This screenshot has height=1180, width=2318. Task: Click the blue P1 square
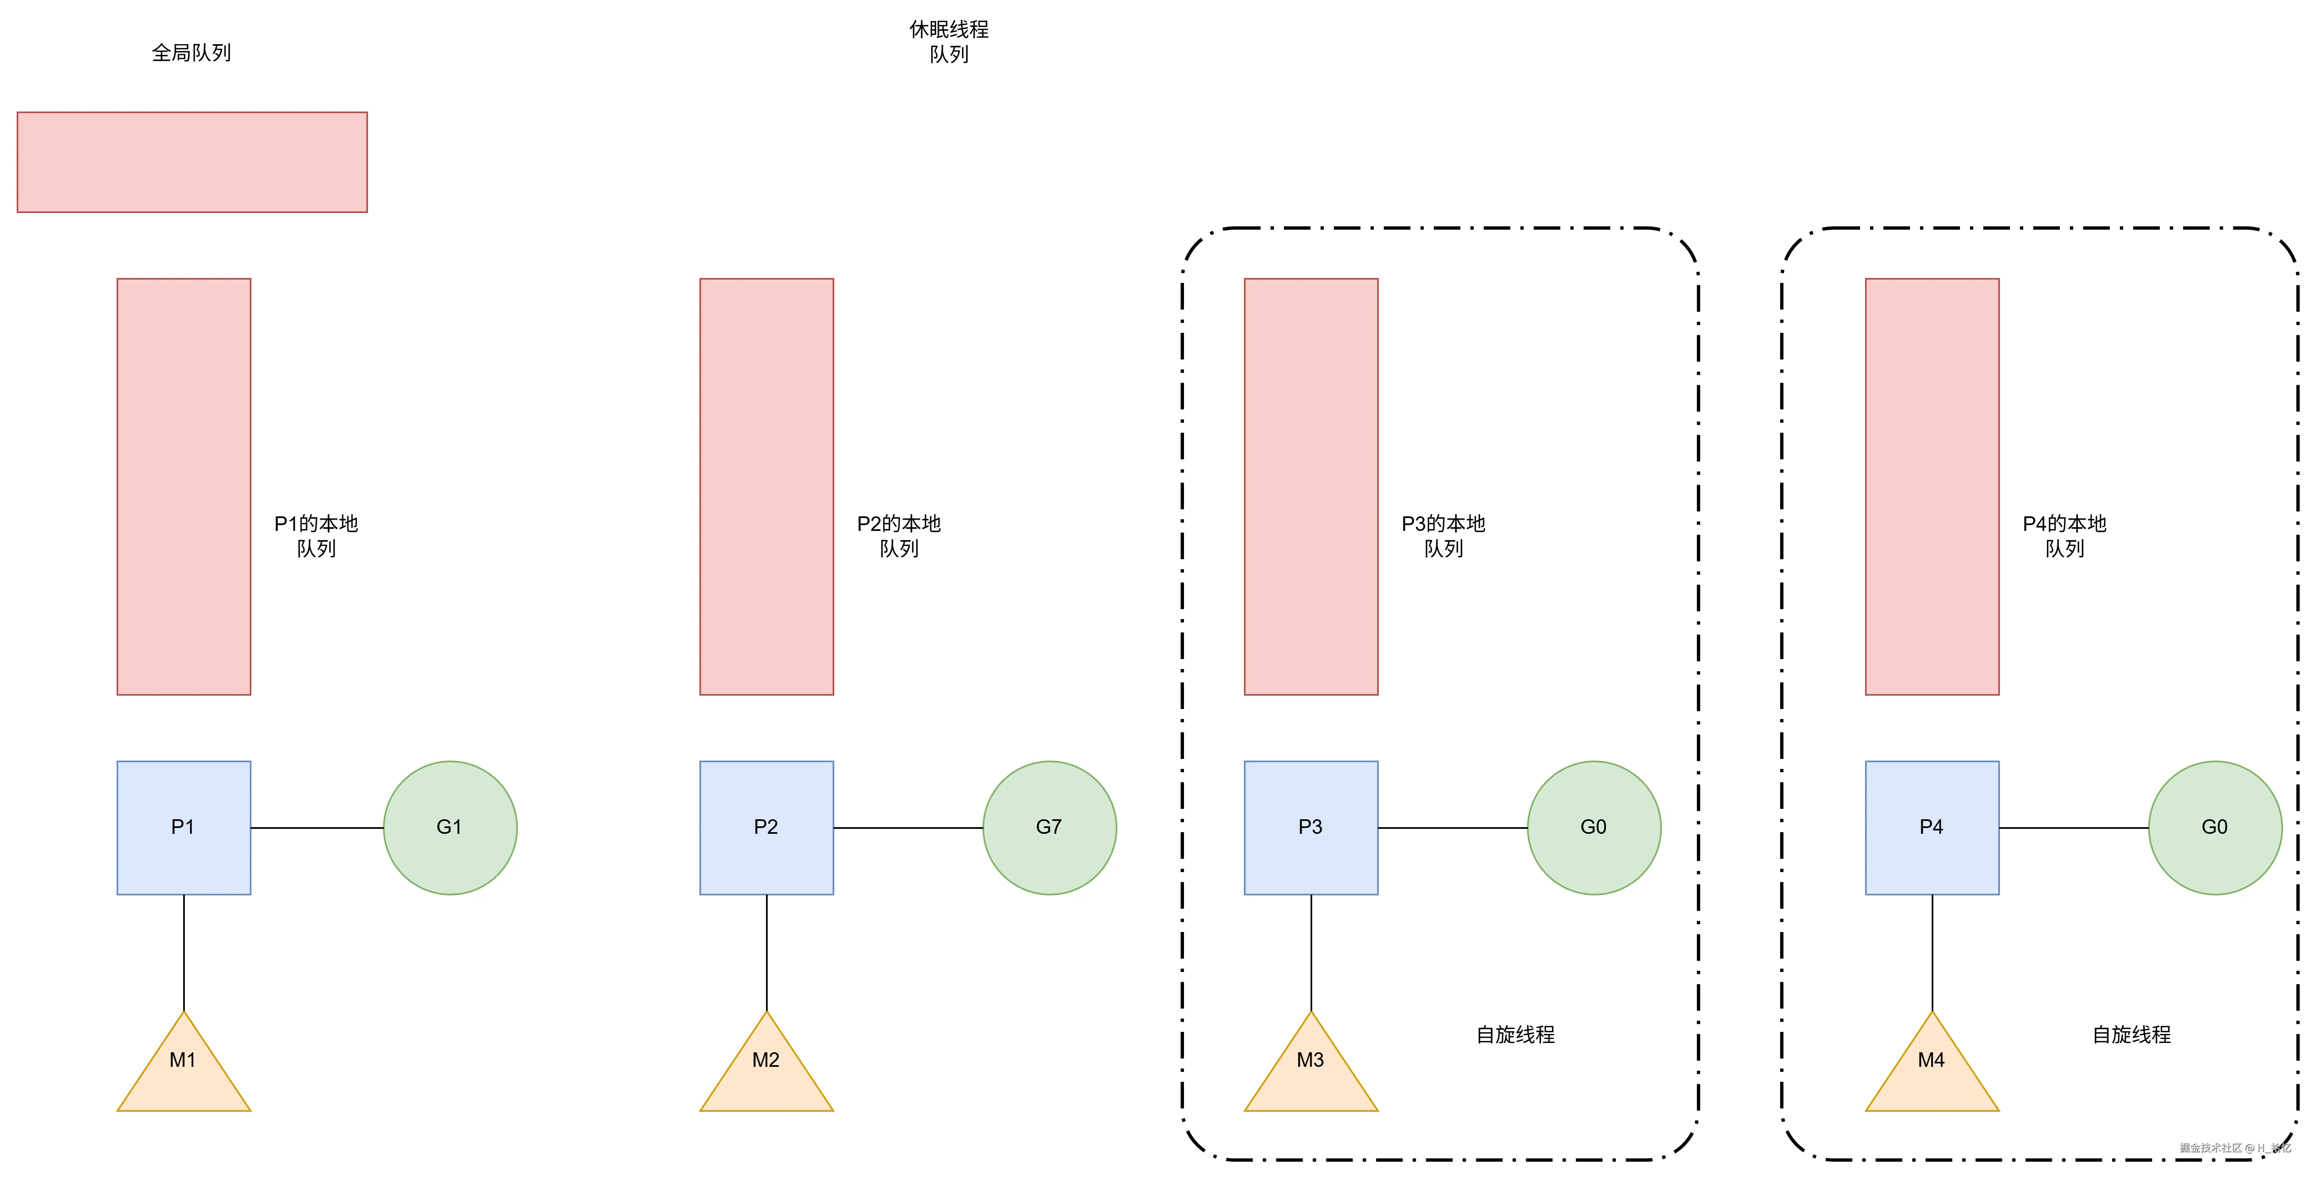point(184,828)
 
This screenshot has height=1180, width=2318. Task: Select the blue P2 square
point(767,828)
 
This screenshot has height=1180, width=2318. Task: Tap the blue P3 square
point(1311,828)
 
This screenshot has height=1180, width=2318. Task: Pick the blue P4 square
point(1932,828)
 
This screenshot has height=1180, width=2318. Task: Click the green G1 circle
point(450,828)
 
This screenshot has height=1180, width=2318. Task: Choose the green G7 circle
point(1049,828)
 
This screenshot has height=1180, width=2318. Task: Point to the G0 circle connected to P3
point(1594,828)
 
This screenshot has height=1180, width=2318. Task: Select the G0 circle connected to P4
point(2214,828)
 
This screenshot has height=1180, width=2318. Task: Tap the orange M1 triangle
point(184,1070)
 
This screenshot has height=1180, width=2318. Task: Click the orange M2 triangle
point(767,1070)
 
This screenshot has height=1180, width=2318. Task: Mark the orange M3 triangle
point(1311,1070)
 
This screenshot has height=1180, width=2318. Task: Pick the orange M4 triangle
point(1932,1070)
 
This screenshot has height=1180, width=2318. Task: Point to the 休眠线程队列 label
point(948,41)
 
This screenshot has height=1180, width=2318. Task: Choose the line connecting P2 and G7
point(908,828)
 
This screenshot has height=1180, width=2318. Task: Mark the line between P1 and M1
point(184,953)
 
